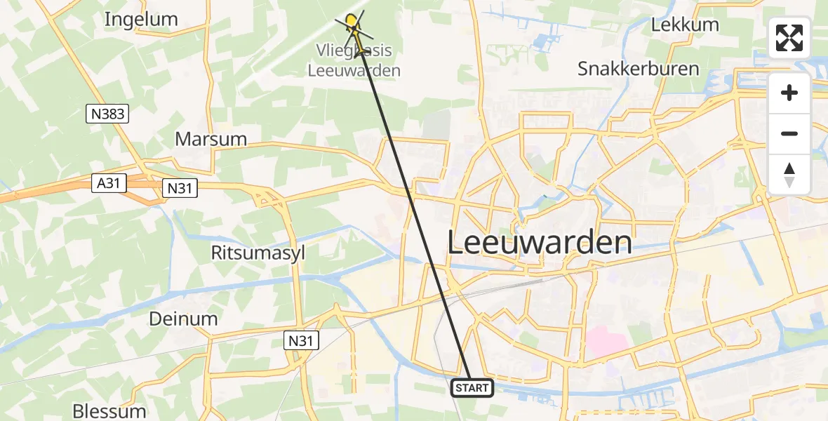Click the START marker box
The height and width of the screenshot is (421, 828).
472,387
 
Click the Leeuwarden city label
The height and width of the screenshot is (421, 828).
540,243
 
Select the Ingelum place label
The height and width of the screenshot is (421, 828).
141,19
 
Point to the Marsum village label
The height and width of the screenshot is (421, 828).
211,139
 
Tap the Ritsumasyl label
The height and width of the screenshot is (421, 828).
258,253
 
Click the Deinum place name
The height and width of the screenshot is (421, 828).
183,319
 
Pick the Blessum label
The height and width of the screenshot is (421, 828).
109,410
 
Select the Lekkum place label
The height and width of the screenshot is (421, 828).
685,25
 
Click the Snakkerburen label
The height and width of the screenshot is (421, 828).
639,69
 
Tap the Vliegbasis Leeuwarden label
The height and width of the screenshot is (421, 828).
354,61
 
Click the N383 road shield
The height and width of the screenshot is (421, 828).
107,114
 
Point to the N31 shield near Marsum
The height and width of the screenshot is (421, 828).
180,187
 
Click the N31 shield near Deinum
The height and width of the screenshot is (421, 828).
302,341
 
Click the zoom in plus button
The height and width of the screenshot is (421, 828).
789,93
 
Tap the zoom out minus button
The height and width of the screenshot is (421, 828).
789,133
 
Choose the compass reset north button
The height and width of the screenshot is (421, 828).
789,175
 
